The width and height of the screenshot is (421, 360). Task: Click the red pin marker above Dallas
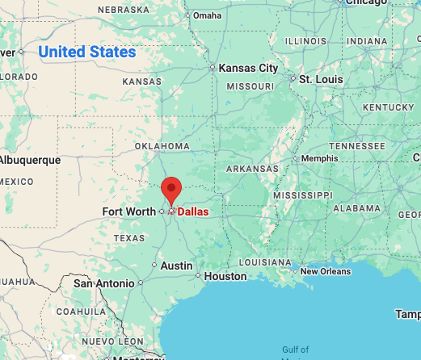[x=171, y=190]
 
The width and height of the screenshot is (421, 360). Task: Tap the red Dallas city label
[x=192, y=211]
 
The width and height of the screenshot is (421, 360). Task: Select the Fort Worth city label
[x=129, y=211]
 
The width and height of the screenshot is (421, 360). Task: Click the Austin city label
[x=176, y=265]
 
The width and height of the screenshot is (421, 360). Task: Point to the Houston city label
[x=225, y=276]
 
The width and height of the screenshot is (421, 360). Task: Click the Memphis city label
[x=319, y=158]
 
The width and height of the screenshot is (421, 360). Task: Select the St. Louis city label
[x=322, y=79]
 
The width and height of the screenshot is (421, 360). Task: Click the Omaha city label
[x=207, y=15]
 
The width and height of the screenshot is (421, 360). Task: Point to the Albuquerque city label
[x=30, y=160]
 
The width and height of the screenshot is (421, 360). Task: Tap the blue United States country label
[x=87, y=52]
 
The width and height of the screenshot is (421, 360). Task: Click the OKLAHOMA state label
[x=162, y=146]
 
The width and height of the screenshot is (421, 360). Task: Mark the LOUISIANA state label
[x=264, y=262]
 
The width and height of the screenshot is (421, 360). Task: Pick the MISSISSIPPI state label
[x=302, y=195]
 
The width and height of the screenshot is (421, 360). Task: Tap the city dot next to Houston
[x=198, y=276]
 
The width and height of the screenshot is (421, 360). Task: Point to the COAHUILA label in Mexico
[x=78, y=311]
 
